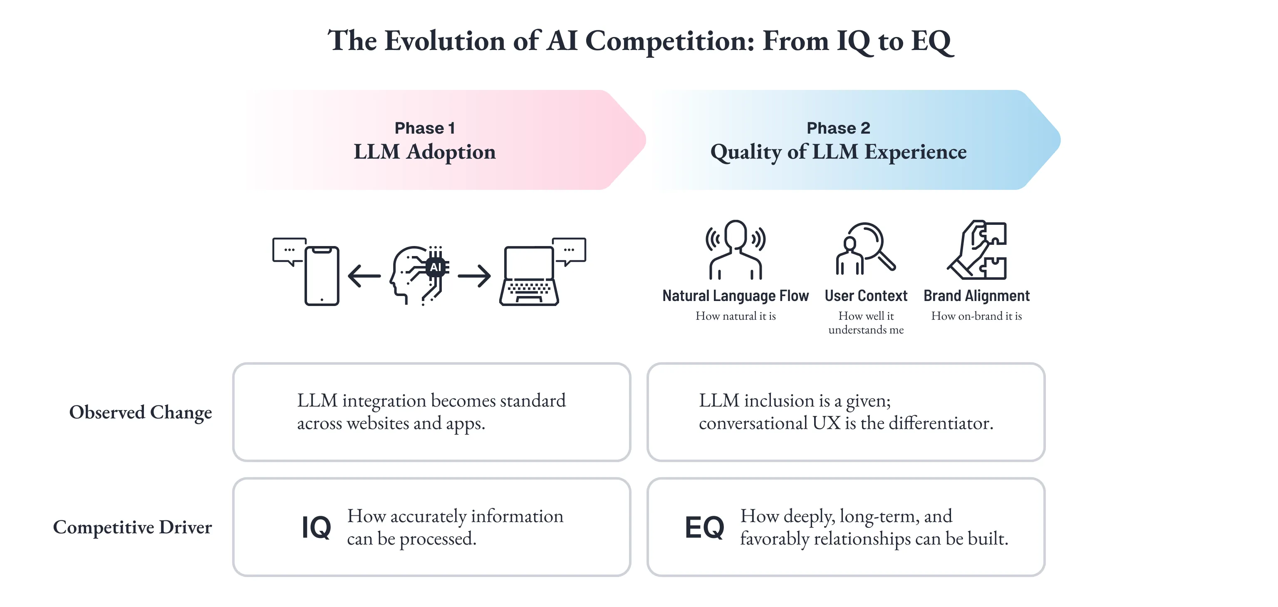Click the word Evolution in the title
coord(445,41)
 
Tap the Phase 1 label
coord(425,128)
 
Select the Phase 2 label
coord(838,128)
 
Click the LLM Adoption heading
coord(425,152)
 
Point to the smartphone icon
coord(322,276)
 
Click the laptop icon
coord(529,276)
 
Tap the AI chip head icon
coord(420,274)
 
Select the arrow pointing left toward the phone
coord(364,276)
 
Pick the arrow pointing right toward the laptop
coord(474,276)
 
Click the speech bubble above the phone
coord(289,251)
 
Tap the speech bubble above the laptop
coord(569,251)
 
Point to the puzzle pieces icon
coord(978,250)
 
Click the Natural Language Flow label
coord(735,296)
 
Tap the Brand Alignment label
coord(976,296)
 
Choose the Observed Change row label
coord(140,413)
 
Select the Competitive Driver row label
coord(132,527)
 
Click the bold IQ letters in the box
coord(317,527)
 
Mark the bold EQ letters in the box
coord(704,527)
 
